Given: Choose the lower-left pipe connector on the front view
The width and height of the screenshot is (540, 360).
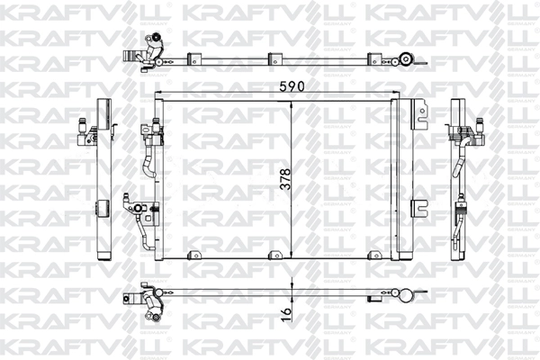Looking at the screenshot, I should coord(142,209).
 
